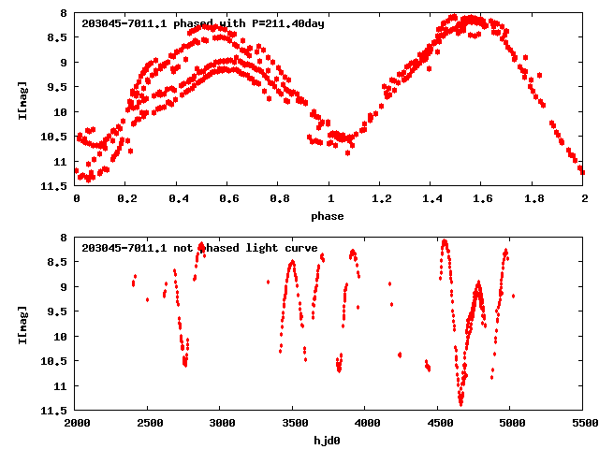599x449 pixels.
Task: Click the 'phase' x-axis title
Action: coord(329,216)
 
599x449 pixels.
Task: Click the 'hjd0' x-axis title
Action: coord(329,441)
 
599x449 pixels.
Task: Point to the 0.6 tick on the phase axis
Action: coord(227,199)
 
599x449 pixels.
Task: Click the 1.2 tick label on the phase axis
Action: coord(380,199)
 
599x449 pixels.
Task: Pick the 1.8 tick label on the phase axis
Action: coord(533,199)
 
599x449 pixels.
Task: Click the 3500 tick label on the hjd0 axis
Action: coord(293,424)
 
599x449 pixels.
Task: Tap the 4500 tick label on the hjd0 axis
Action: coord(438,424)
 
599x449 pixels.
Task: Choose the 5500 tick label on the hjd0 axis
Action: coord(582,424)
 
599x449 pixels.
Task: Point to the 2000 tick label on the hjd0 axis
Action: coord(76,424)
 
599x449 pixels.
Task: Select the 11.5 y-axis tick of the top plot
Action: coord(54,186)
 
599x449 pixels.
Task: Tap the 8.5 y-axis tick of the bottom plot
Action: coord(56,262)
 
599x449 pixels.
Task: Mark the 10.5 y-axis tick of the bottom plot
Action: coord(54,361)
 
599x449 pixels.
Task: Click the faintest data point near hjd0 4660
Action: coord(461,403)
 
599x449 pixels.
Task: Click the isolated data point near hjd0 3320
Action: coord(268,282)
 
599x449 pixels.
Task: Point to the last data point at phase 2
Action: coord(582,172)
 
